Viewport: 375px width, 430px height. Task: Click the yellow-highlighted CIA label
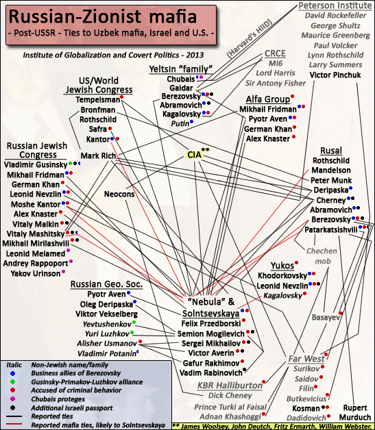195,155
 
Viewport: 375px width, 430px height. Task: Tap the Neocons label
119,194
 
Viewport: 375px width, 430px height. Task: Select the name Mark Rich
98,155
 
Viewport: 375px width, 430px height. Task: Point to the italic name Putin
180,124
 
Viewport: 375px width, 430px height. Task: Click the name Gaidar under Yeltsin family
181,88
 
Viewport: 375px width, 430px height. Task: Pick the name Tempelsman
98,99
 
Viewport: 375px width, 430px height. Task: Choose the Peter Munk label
331,181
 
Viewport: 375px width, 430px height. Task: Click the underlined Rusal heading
331,151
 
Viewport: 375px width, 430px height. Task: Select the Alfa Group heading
268,99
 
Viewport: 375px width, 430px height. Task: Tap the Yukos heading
282,266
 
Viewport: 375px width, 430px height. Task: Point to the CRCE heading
275,53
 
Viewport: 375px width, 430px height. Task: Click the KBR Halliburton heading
230,385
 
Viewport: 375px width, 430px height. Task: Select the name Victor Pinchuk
335,75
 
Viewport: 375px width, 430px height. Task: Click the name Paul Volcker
335,45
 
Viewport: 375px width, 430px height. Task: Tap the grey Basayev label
326,318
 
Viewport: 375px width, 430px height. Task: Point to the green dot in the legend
12,382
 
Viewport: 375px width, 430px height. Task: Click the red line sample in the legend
14,424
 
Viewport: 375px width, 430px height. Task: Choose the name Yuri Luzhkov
107,333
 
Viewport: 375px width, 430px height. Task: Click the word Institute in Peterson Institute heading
354,5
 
